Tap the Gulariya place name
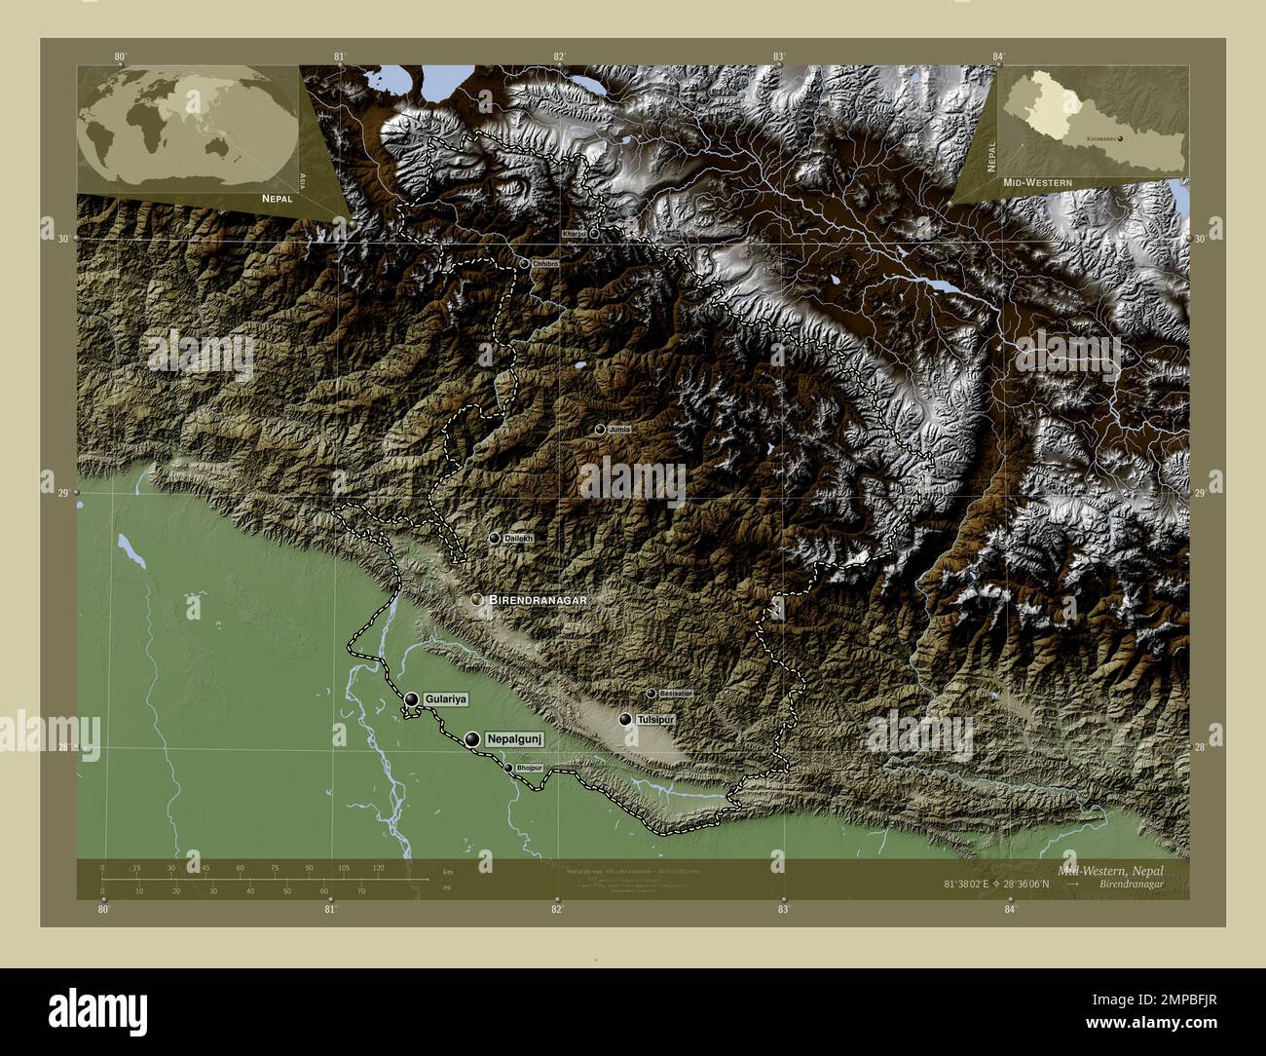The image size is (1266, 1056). pos(447,699)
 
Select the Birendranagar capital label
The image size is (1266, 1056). pos(539,601)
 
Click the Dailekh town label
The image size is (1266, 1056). pos(519,538)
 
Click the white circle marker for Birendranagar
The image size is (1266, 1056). pos(477,600)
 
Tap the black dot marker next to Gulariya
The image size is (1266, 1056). pos(412,699)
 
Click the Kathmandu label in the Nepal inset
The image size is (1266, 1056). pos(1096,139)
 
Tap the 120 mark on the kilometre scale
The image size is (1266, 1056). pos(378,867)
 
